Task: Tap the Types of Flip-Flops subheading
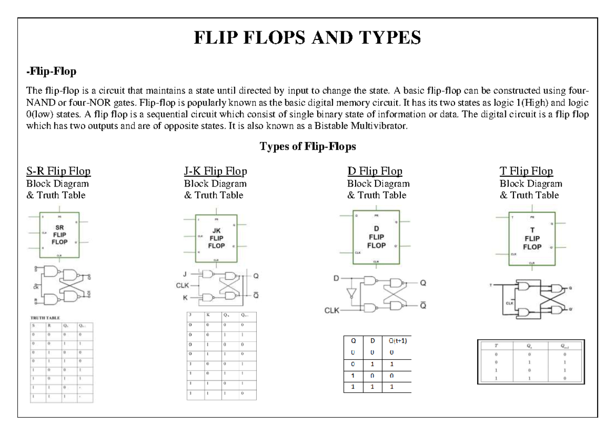(307, 147)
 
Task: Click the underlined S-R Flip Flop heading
(58, 171)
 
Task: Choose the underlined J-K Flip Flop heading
(215, 171)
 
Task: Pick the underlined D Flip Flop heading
(375, 171)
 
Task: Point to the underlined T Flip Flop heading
(526, 171)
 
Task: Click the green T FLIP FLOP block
(531, 239)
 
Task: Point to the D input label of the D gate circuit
(336, 278)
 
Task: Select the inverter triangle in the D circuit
(351, 293)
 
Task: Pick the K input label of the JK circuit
(186, 297)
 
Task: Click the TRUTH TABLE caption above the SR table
(45, 318)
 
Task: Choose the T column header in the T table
(496, 345)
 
